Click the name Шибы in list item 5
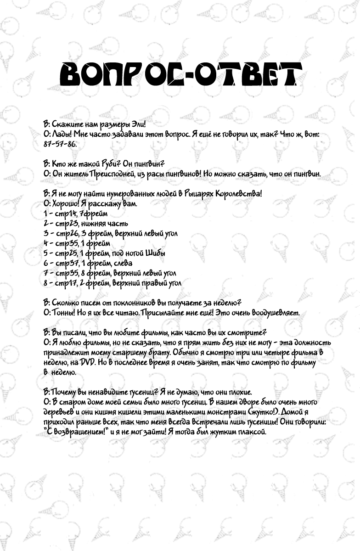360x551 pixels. click(x=155, y=253)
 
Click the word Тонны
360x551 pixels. click(x=62, y=313)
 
